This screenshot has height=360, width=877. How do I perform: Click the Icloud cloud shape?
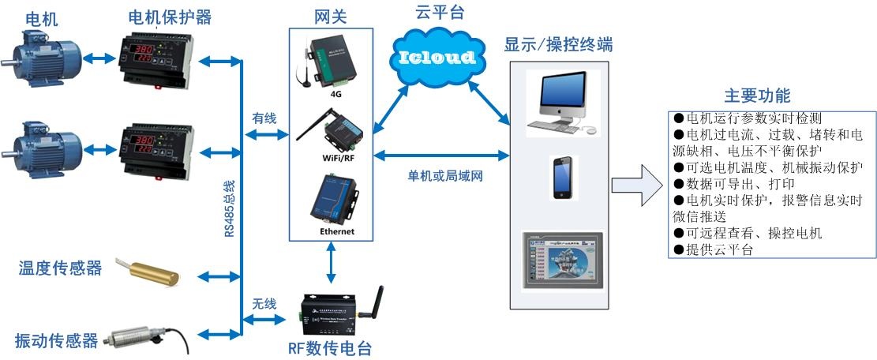pos(436,57)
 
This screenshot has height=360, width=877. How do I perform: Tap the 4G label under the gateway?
pos(335,93)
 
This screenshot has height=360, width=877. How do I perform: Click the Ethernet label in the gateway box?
pos(336,231)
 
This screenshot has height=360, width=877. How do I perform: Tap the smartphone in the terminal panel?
pos(562,176)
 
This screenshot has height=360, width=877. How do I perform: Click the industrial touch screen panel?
pos(562,264)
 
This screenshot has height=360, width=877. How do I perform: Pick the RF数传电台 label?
pos(330,348)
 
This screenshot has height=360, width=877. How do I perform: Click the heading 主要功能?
pos(757,96)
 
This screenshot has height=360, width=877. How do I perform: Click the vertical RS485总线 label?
pos(229,208)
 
